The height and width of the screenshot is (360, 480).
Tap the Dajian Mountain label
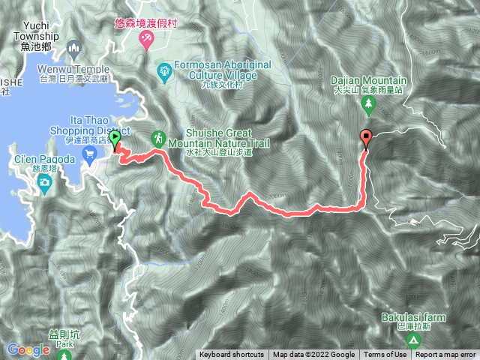(370, 80)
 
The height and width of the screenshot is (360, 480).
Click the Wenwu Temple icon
(73, 49)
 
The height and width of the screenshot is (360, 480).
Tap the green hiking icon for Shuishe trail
(158, 138)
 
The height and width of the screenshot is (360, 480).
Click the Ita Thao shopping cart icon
(90, 156)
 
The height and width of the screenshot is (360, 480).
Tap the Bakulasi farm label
(412, 317)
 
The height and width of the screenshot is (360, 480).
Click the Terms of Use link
(385, 355)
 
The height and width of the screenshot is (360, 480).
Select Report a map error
(445, 355)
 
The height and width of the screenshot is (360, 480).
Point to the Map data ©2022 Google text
(313, 355)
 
